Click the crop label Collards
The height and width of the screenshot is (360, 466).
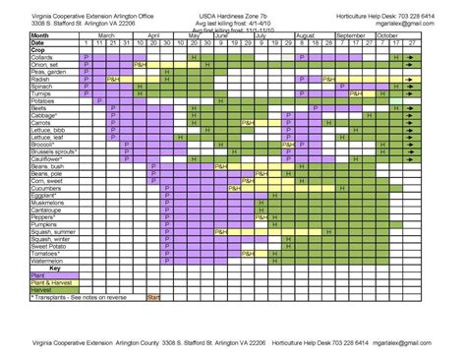pos(44,57)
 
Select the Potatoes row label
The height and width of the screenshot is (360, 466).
pos(45,99)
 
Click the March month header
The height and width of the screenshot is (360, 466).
pos(106,34)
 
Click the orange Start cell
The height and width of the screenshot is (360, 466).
pos(153,296)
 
